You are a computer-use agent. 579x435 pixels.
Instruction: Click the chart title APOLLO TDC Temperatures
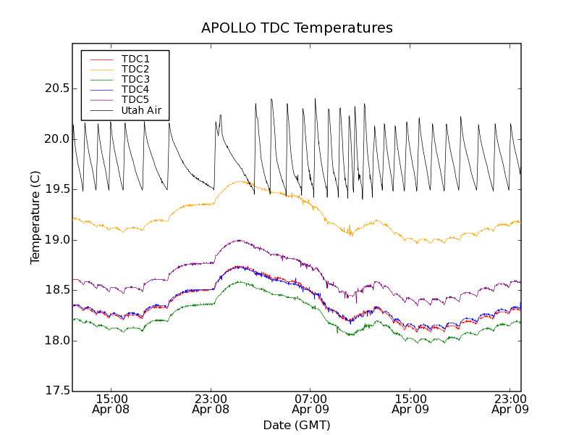[x=297, y=28]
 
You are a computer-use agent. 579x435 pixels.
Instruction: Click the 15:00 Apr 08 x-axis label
[x=111, y=404]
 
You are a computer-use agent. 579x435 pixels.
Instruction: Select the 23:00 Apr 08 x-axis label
[x=211, y=404]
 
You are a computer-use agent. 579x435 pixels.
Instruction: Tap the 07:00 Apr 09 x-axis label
[x=310, y=404]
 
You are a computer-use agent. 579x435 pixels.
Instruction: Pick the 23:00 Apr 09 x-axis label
[x=510, y=404]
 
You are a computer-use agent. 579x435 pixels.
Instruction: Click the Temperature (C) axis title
[x=35, y=217]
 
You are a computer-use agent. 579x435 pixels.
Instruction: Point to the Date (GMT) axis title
[x=297, y=425]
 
